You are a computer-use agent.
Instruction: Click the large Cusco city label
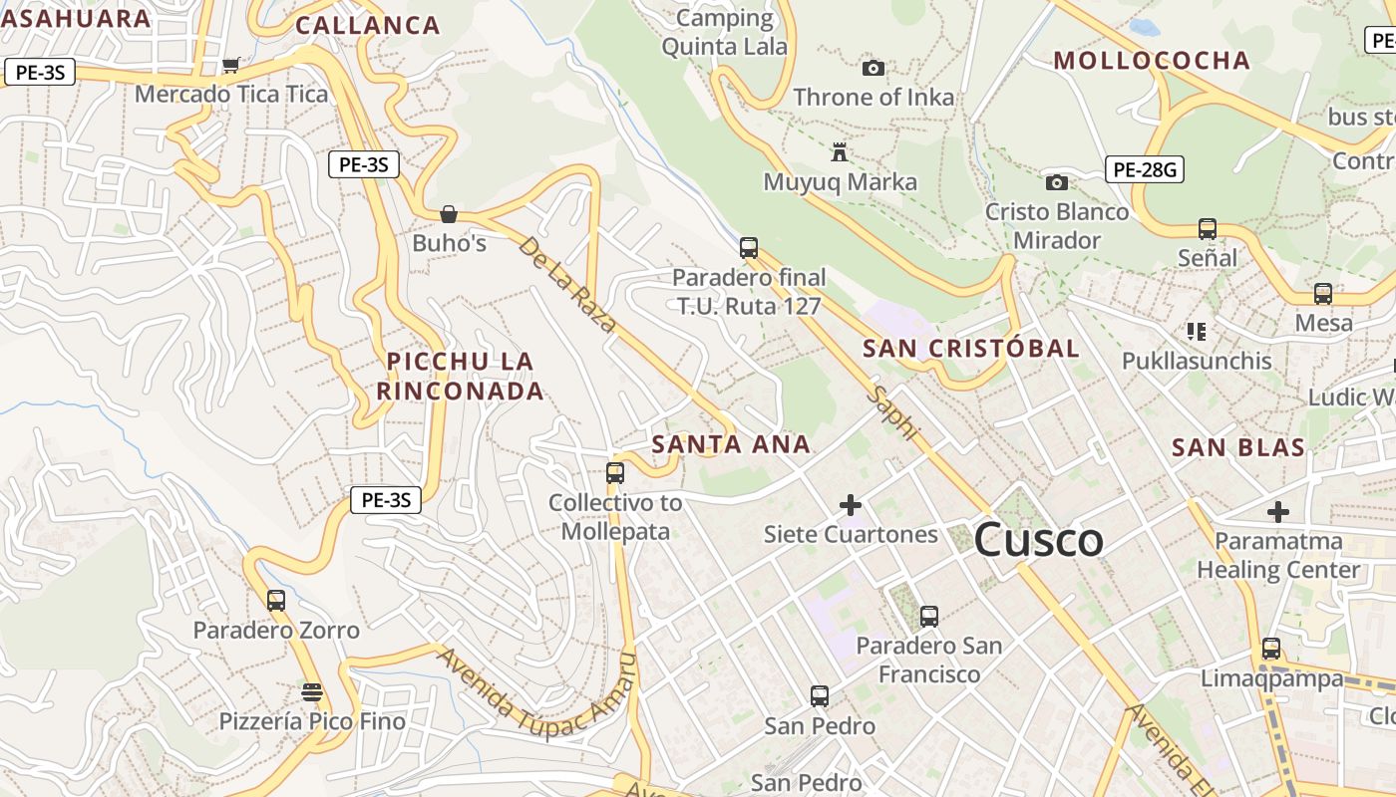pyautogui.click(x=1038, y=540)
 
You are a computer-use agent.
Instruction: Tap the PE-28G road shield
pyautogui.click(x=1144, y=170)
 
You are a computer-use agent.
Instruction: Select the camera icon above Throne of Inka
pyautogui.click(x=873, y=68)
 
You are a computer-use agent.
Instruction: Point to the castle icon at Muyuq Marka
pyautogui.click(x=840, y=152)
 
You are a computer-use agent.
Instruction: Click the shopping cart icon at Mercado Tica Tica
pyautogui.click(x=231, y=65)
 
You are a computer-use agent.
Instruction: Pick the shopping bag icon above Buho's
pyautogui.click(x=449, y=213)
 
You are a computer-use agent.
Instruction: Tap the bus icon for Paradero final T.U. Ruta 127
pyautogui.click(x=749, y=247)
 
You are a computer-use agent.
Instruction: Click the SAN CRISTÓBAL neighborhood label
pyautogui.click(x=970, y=348)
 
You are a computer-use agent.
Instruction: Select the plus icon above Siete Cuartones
pyautogui.click(x=851, y=505)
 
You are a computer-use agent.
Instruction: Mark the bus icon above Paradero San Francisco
pyautogui.click(x=929, y=617)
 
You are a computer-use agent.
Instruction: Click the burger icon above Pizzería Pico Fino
pyautogui.click(x=312, y=692)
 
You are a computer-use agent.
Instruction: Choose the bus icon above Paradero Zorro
pyautogui.click(x=276, y=601)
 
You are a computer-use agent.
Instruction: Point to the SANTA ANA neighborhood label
pyautogui.click(x=731, y=444)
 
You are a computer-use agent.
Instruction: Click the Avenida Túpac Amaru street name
pyautogui.click(x=536, y=697)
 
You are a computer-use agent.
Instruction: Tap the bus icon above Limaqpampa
pyautogui.click(x=1271, y=649)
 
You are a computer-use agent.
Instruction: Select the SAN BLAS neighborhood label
pyautogui.click(x=1238, y=447)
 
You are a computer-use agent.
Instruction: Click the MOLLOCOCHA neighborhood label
pyautogui.click(x=1152, y=60)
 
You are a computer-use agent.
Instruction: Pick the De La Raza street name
pyautogui.click(x=566, y=283)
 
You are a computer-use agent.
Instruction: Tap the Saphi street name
pyautogui.click(x=891, y=411)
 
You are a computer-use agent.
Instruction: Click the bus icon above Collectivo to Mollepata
pyautogui.click(x=615, y=473)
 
